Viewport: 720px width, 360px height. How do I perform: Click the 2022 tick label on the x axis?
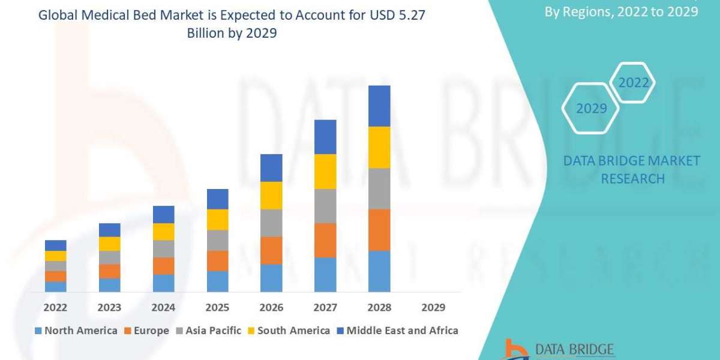click(x=55, y=307)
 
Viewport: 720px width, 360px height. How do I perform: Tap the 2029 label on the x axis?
click(x=433, y=307)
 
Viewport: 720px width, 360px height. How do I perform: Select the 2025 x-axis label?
click(x=217, y=307)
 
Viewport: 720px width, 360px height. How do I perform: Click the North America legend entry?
click(x=76, y=331)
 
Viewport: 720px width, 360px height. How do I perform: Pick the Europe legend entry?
click(x=147, y=331)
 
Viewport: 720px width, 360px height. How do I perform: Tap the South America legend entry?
click(x=289, y=331)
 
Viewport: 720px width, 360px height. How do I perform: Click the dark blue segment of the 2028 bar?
click(x=379, y=106)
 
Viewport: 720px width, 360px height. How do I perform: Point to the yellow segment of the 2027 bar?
click(x=325, y=172)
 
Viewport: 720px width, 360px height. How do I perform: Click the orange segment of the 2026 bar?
click(x=271, y=250)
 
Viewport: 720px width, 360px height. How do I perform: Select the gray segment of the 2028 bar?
click(x=379, y=188)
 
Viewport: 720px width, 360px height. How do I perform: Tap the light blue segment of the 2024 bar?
click(x=163, y=283)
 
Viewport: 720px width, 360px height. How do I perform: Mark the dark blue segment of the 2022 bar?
click(x=55, y=245)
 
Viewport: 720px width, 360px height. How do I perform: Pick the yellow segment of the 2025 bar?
click(x=217, y=220)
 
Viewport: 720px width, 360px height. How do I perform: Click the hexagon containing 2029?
click(x=591, y=109)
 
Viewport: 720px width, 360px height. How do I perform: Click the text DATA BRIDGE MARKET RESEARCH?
click(x=632, y=170)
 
